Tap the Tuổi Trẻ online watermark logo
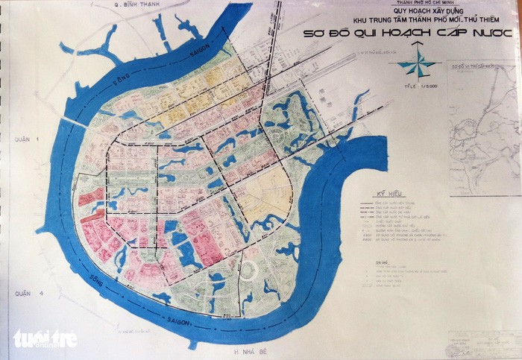point(45,338)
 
